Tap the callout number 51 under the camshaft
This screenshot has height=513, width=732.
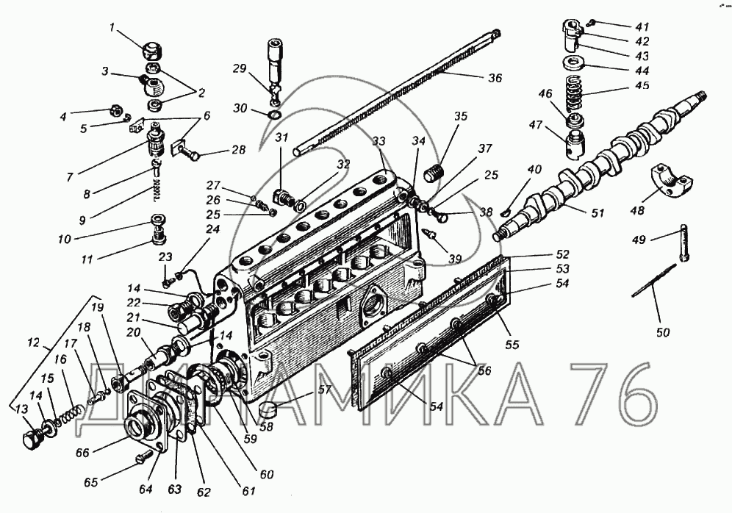[x=598, y=213]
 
